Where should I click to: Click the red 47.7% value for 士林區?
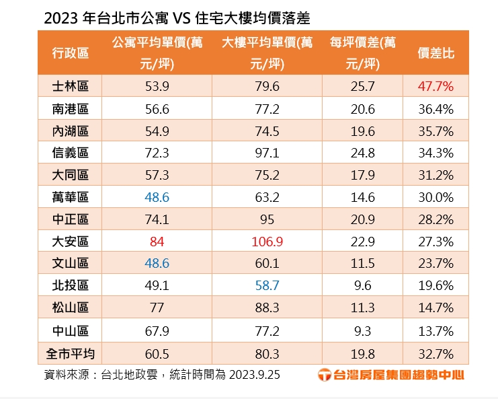tap(435, 86)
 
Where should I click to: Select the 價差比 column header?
tap(435, 53)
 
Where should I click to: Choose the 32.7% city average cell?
tap(435, 353)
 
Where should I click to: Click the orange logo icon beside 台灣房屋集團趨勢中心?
tap(324, 375)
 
